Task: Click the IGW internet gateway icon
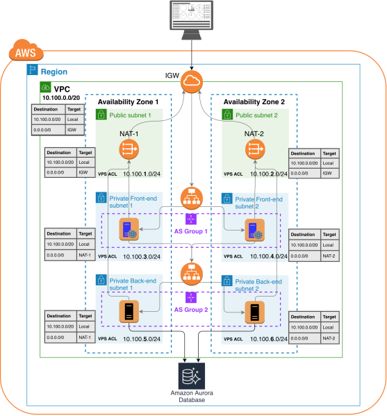pyautogui.click(x=193, y=83)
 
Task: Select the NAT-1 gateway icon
pyautogui.click(x=129, y=148)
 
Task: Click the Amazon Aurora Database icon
pyautogui.click(x=192, y=376)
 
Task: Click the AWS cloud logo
pyautogui.click(x=24, y=51)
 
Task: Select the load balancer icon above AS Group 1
pyautogui.click(x=192, y=197)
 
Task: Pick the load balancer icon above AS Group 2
pyautogui.click(x=192, y=272)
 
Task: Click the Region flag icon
pyautogui.click(x=31, y=70)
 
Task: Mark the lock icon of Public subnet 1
pyautogui.click(x=101, y=115)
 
